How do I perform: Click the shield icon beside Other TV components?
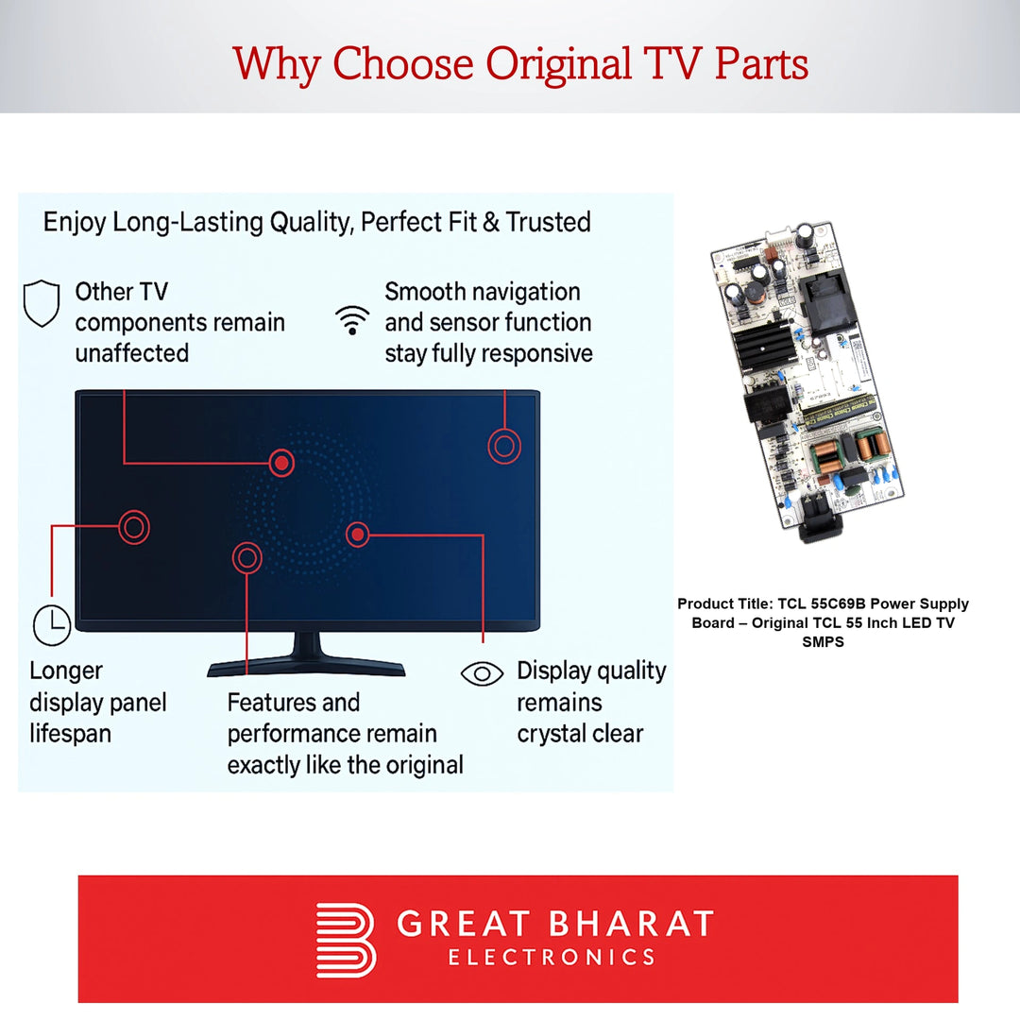[x=42, y=303]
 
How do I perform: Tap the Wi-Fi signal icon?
[x=352, y=320]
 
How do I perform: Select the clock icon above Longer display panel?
[x=52, y=625]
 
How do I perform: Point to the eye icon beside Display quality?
[x=482, y=674]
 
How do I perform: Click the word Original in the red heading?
[x=559, y=64]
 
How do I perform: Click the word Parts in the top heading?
[x=761, y=64]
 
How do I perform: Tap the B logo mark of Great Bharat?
[x=346, y=940]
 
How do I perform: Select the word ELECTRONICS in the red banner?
[x=552, y=958]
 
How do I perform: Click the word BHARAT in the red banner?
[x=631, y=924]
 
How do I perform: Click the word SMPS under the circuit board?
[x=823, y=642]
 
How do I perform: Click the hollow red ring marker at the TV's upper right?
[x=504, y=446]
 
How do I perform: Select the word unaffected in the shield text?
[x=132, y=353]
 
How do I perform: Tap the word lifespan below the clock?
[x=70, y=734]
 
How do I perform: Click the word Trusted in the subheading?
[x=549, y=223]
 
